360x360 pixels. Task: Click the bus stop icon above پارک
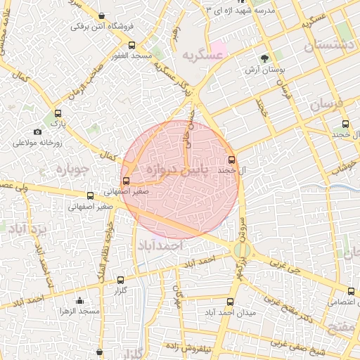(x=58, y=112)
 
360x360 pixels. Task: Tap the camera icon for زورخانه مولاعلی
(x=37, y=131)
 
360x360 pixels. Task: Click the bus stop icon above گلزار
(x=120, y=280)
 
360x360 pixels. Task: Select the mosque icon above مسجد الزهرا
(x=79, y=300)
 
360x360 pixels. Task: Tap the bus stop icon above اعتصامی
(x=351, y=291)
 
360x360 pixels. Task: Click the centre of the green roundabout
(x=242, y=250)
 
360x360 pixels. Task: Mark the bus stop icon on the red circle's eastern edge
(x=232, y=160)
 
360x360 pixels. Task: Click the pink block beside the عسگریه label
(x=219, y=50)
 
